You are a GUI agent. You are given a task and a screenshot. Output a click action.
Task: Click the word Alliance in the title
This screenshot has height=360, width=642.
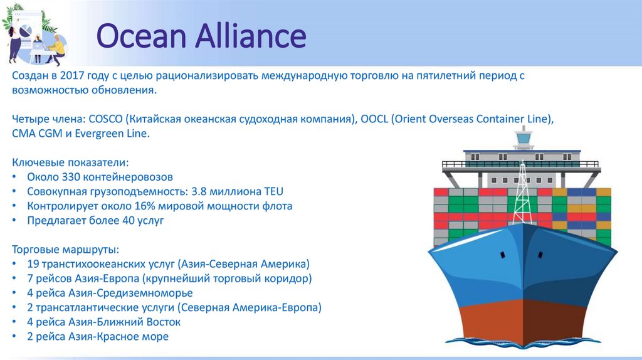(250, 37)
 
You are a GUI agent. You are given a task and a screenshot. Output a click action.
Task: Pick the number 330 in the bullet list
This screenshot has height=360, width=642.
(71, 177)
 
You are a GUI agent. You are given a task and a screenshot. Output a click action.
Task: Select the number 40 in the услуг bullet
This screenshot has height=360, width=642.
(129, 220)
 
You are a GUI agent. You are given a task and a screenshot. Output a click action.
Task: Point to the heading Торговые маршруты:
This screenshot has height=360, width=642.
(60, 249)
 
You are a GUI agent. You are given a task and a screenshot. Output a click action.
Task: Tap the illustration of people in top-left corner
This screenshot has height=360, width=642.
(34, 34)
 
